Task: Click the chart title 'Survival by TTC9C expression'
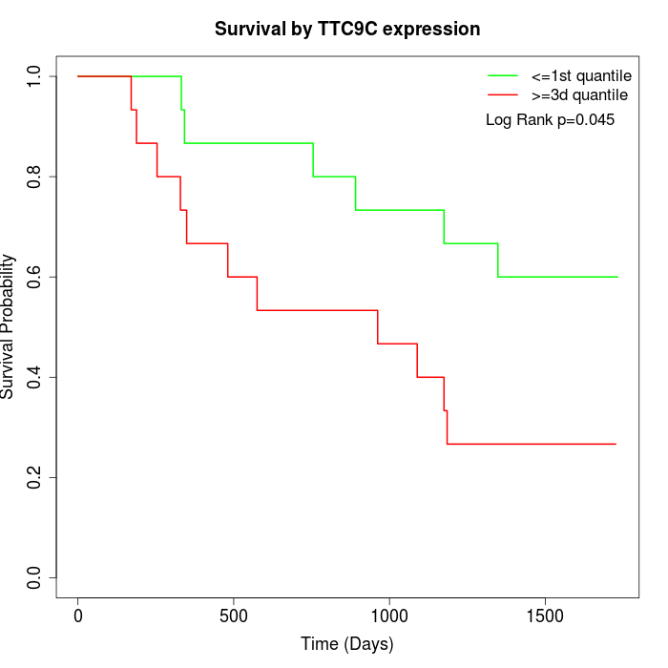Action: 347,30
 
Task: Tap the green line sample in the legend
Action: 503,75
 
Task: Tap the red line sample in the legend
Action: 503,94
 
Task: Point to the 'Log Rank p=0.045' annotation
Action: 550,120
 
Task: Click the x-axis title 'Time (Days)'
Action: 347,644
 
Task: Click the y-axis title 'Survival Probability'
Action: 9,326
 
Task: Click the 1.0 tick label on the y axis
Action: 34,76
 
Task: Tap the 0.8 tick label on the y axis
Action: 34,177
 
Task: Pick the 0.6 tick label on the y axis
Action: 34,277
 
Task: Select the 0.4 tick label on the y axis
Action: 34,377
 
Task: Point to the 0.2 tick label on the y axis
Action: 34,477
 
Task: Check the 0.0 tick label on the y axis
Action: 34,577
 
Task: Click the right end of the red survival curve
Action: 616,444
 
